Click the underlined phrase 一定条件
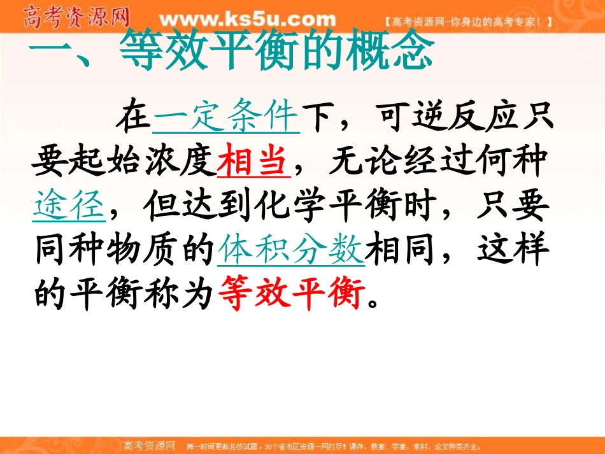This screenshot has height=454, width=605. click(x=226, y=117)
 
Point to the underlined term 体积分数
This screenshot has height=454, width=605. click(x=291, y=250)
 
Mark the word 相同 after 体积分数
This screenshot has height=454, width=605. click(x=402, y=250)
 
